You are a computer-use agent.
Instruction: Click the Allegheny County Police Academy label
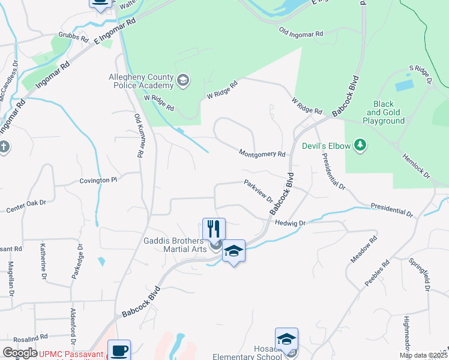click(141, 81)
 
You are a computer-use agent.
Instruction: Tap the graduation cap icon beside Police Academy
click(184, 79)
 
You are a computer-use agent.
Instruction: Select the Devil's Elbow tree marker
click(360, 145)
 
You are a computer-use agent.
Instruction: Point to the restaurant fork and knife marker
click(214, 229)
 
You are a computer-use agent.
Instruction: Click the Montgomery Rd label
click(262, 154)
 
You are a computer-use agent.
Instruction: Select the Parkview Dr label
click(259, 191)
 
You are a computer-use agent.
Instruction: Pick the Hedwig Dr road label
click(291, 223)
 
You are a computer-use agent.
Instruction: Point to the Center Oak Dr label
click(26, 206)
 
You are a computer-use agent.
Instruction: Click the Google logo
click(19, 353)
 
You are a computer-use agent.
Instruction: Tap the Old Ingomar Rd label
click(301, 31)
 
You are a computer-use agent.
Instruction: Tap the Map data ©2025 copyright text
click(423, 355)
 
